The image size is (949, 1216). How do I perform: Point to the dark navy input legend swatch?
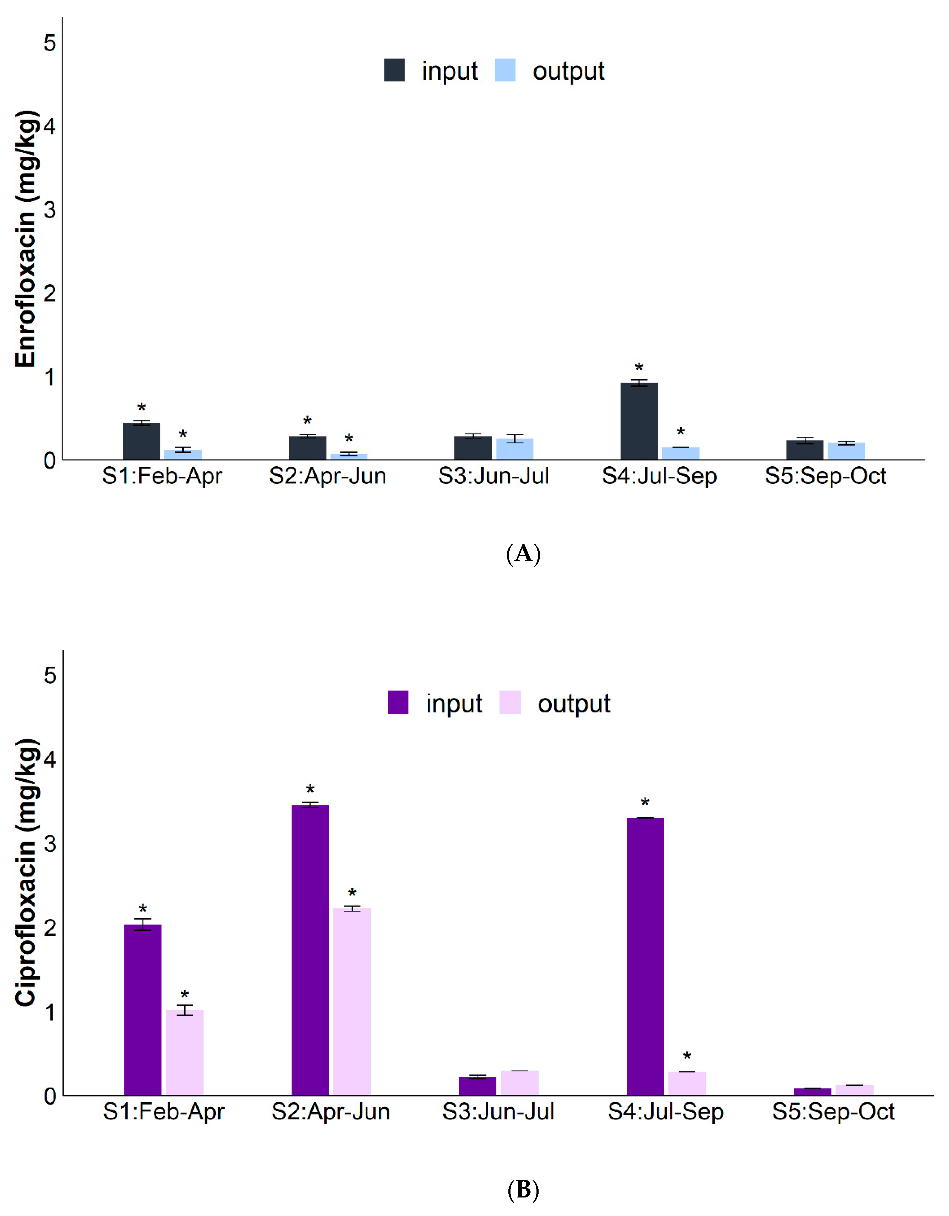(394, 70)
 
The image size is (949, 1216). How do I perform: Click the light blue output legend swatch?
(505, 70)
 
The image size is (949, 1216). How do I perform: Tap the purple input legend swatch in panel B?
(398, 703)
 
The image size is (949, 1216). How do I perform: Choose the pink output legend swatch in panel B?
(510, 703)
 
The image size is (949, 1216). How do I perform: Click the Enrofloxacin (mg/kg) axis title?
(26, 240)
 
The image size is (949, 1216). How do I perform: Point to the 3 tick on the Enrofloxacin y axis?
(50, 210)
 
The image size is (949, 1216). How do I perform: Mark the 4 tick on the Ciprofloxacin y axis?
(50, 760)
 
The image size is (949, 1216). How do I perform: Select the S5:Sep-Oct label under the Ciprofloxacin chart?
(833, 1112)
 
